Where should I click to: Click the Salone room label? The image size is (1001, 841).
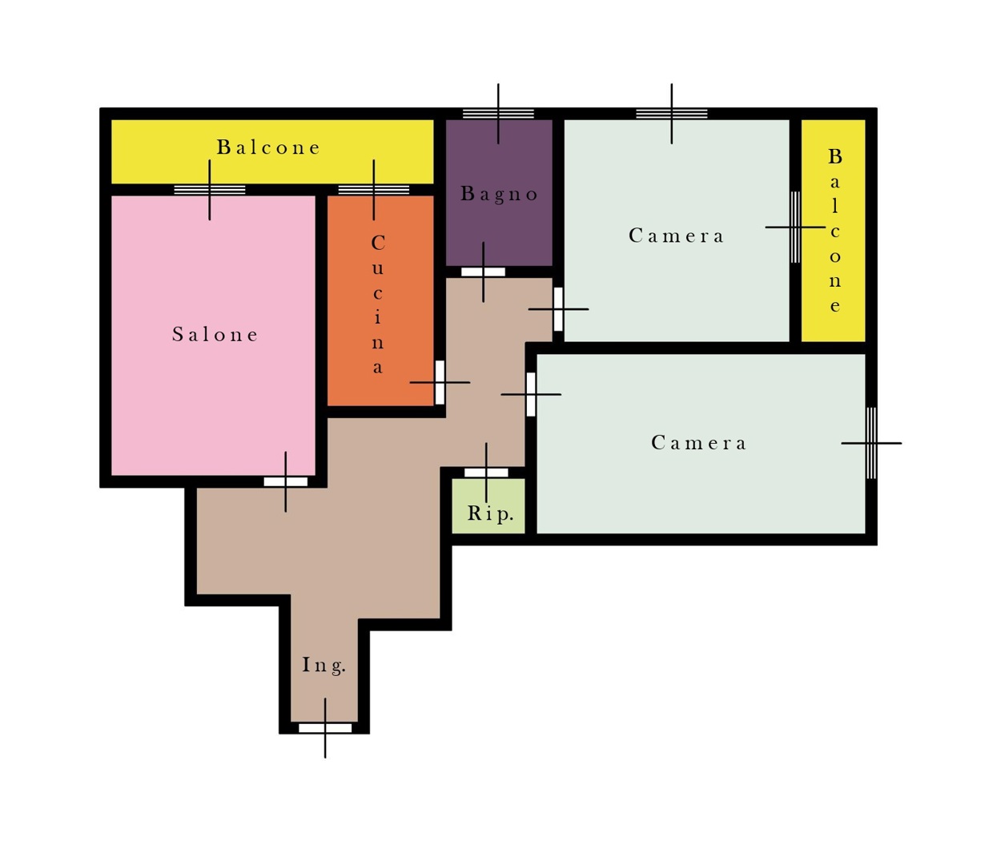215,334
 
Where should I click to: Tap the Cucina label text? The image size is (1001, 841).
378,304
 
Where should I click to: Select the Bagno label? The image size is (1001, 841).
499,194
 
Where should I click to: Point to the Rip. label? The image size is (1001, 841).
490,513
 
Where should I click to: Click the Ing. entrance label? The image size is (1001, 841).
324,666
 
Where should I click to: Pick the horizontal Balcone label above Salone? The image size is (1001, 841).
268,147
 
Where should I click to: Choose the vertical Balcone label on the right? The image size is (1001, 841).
835,231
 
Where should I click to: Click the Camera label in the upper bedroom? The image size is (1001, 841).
676,235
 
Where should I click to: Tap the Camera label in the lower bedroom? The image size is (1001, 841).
698,443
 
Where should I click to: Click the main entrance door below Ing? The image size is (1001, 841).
325,728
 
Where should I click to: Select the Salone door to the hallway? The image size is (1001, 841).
286,481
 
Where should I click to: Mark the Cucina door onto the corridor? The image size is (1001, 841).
440,382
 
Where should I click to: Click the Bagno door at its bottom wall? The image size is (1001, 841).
483,272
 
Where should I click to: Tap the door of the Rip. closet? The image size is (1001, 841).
486,473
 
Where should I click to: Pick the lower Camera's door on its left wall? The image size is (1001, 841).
531,395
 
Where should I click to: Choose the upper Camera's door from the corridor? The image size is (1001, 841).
558,309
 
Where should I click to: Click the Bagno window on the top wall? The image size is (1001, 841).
498,114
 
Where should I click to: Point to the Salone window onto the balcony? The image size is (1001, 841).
210,190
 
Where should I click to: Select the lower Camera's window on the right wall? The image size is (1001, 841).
871,443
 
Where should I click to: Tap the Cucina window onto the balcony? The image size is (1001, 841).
374,190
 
